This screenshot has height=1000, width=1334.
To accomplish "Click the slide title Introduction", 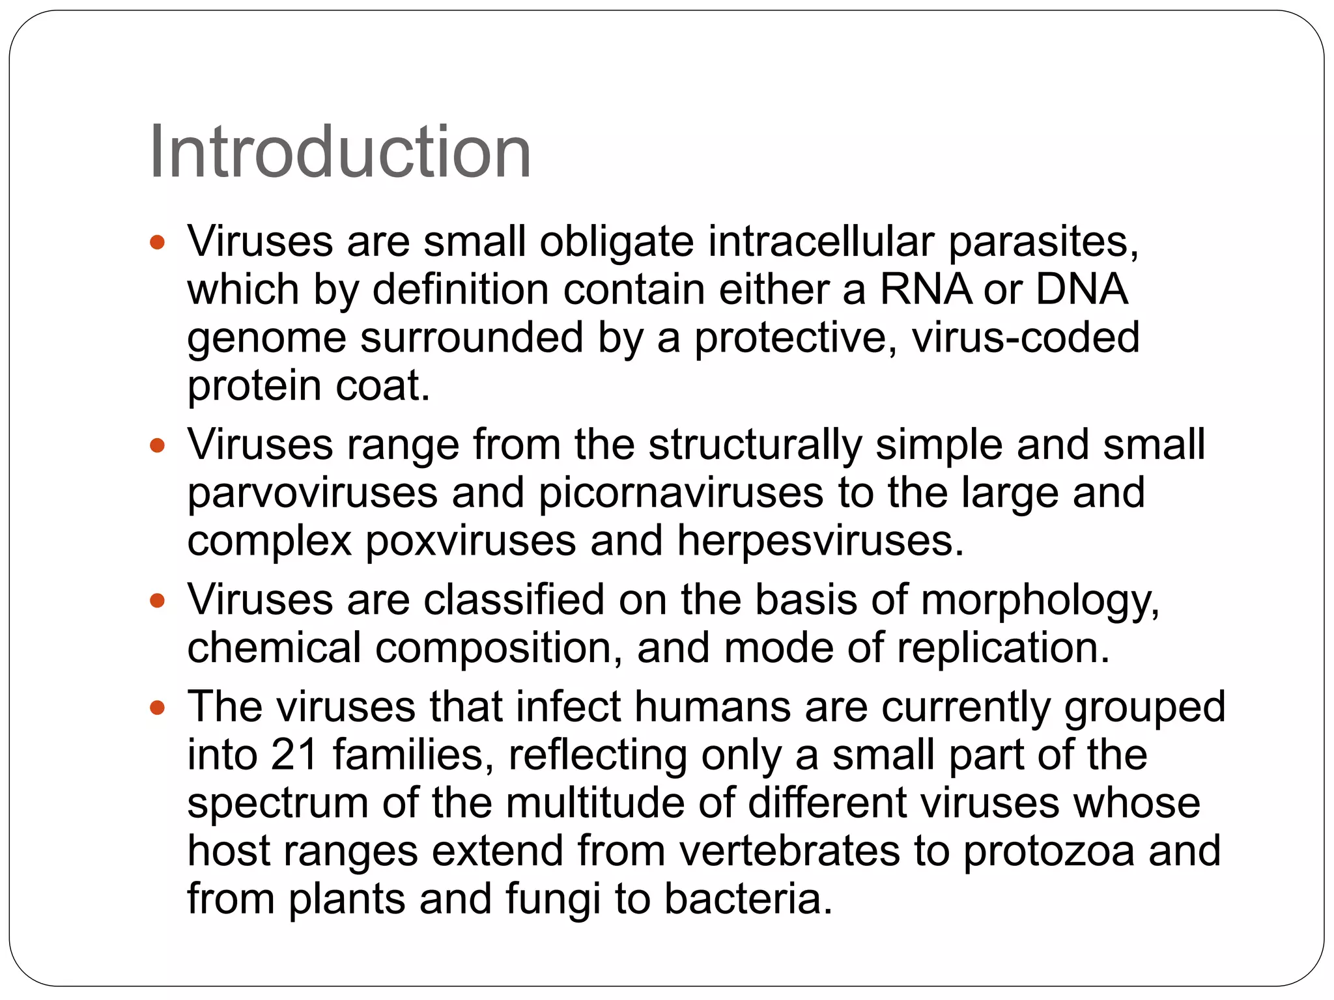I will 340,153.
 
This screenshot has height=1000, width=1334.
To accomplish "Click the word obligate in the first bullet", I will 616,242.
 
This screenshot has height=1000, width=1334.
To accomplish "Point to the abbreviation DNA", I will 1081,290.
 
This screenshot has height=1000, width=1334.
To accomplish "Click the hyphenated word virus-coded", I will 1025,338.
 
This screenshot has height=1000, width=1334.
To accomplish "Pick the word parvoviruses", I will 312,493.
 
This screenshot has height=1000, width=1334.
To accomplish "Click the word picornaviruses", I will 681,493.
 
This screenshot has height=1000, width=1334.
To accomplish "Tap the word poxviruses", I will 470,541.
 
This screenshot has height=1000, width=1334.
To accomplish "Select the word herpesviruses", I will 819,541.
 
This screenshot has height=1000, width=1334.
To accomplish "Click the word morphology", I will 1040,601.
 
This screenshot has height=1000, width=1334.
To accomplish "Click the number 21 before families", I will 294,755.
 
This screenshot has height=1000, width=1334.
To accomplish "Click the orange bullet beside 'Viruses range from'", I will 157,447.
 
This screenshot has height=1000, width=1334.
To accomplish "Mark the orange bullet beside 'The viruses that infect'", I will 157,708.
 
